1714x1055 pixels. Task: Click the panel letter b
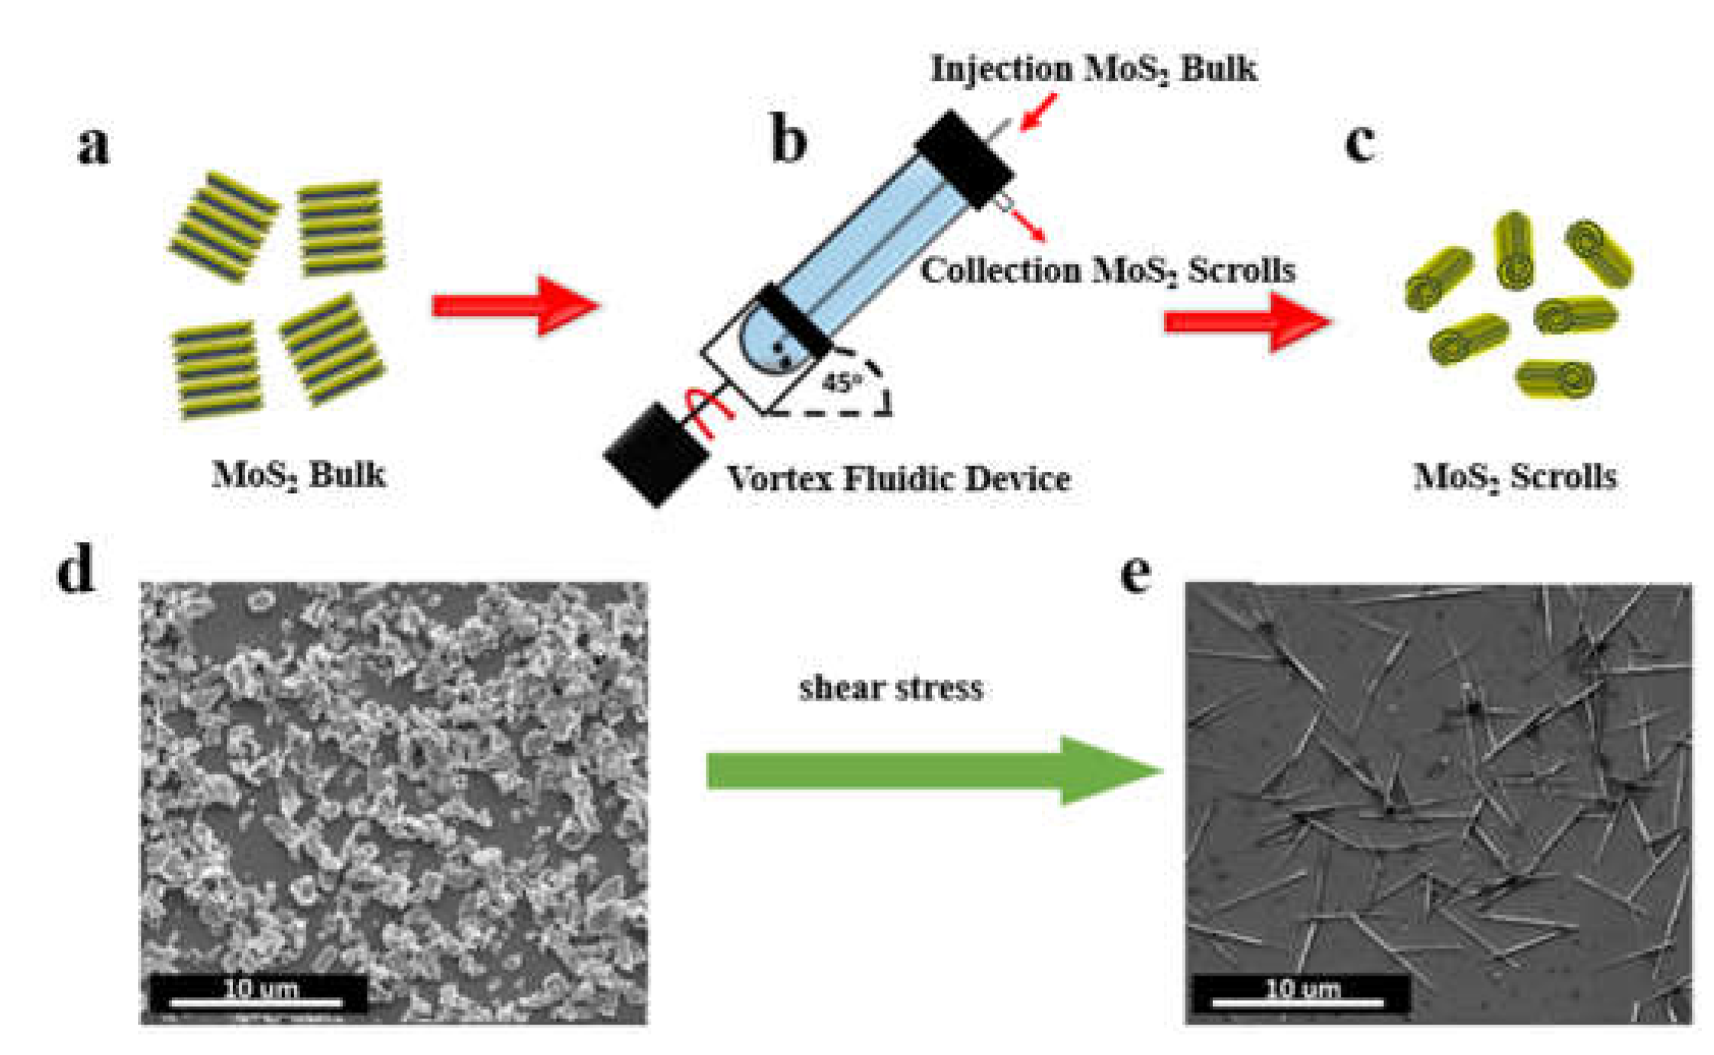click(x=788, y=140)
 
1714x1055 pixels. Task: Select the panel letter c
click(x=1359, y=142)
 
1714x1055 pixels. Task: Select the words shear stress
click(x=891, y=688)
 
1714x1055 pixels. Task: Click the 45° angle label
click(x=841, y=382)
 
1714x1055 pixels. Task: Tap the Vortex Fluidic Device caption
click(x=898, y=479)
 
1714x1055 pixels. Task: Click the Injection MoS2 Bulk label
click(x=1094, y=69)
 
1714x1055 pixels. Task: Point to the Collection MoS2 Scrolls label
click(x=1108, y=270)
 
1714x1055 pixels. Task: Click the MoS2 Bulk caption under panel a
click(x=299, y=475)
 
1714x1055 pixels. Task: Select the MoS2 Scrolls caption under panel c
click(x=1515, y=478)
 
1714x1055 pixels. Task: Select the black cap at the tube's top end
click(x=964, y=160)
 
